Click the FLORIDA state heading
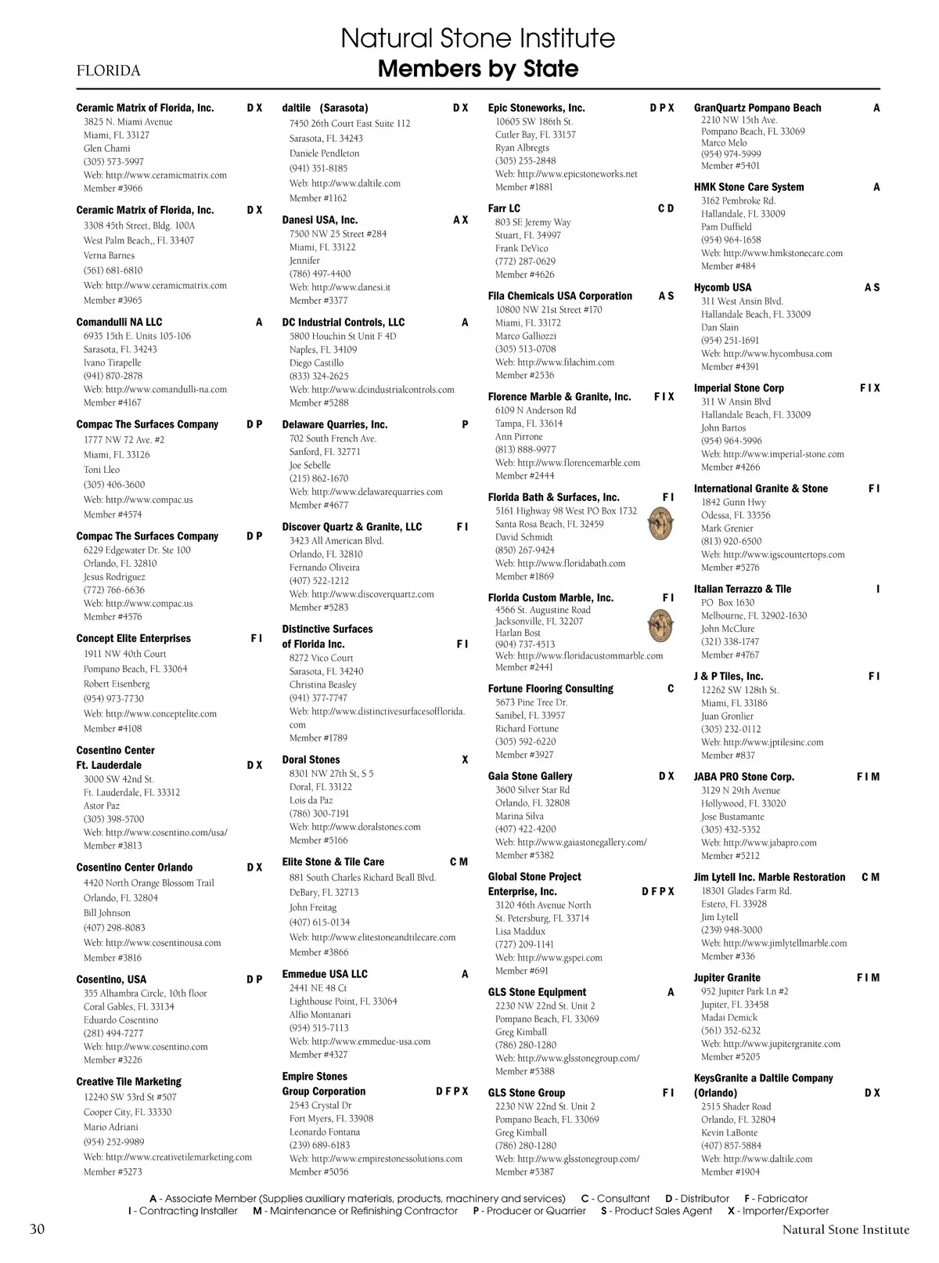[x=108, y=71]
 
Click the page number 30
[x=37, y=1229]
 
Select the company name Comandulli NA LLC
[x=119, y=322]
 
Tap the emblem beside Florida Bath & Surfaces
[x=661, y=524]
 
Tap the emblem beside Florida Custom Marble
[x=661, y=625]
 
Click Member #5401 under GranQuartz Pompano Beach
[x=730, y=166]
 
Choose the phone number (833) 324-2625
[x=318, y=376]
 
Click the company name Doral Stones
[x=311, y=760]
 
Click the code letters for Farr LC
[x=665, y=208]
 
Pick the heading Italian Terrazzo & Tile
[x=742, y=589]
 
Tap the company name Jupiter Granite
[x=726, y=977]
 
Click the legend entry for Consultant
[x=615, y=1199]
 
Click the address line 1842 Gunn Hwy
[x=733, y=502]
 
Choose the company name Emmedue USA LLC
[x=324, y=974]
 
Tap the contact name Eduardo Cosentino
[x=121, y=1020]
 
